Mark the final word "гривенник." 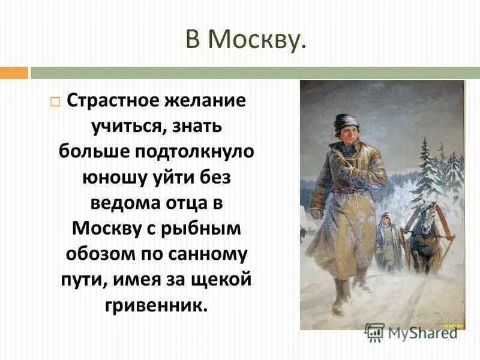coord(156,306)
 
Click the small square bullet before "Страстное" coord(55,101)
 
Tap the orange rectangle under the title coord(14,73)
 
